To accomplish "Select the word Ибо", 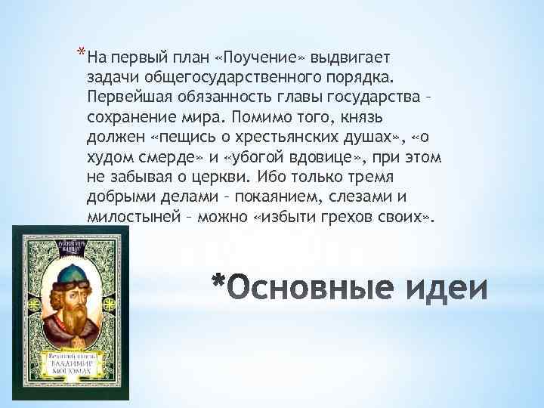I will (272, 178).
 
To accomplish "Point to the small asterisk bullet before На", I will (80, 53).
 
